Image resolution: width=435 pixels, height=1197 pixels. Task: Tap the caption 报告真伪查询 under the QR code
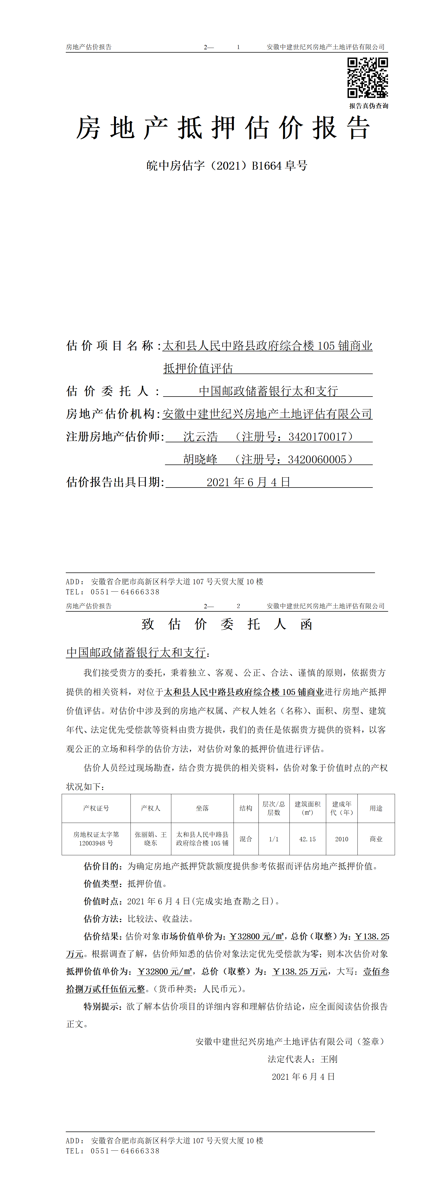[369, 106]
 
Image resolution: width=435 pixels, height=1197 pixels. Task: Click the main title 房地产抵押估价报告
[223, 128]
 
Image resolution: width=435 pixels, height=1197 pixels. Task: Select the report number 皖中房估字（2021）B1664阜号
[227, 166]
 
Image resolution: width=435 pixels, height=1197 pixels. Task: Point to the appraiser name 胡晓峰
[200, 460]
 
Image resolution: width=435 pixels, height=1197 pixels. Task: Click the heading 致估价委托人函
[227, 624]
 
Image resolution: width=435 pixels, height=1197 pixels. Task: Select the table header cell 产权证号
[96, 808]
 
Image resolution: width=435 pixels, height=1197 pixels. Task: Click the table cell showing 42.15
[307, 839]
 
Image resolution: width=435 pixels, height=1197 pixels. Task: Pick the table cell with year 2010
[342, 839]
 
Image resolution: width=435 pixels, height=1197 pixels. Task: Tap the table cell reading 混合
[246, 839]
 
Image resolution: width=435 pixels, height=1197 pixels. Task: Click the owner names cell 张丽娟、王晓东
[150, 839]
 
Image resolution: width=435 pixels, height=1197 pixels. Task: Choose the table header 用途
[376, 808]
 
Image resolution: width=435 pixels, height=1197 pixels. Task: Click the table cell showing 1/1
[274, 839]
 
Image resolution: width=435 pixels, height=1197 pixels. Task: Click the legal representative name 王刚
[329, 1059]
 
